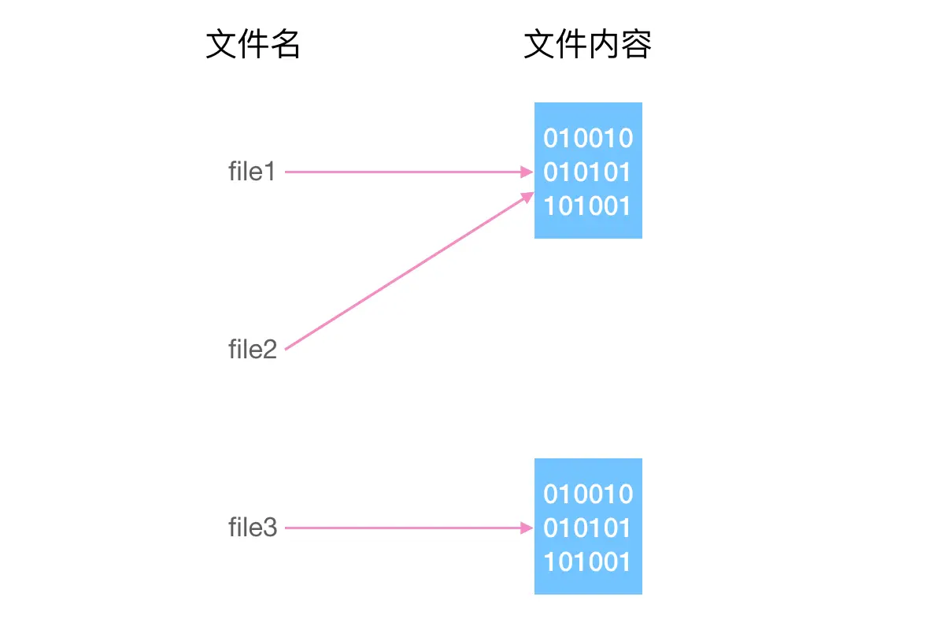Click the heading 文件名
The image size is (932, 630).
[x=253, y=46]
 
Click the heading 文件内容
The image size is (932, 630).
[x=587, y=46]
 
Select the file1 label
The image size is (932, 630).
[x=252, y=172]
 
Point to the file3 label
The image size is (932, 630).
[x=253, y=528]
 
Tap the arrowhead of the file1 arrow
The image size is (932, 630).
[x=528, y=172]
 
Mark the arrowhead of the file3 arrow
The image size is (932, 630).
[x=528, y=528]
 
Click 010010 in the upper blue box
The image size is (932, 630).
[x=588, y=139]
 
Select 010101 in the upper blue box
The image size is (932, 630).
[x=588, y=172]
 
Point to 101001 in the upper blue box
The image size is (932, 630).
[x=588, y=206]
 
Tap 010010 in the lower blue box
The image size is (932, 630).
[x=588, y=495]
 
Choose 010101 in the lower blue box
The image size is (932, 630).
[x=588, y=528]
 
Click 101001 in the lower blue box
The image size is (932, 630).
[x=588, y=562]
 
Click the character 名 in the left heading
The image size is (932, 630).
[x=285, y=46]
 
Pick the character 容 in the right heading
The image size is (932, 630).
[x=636, y=46]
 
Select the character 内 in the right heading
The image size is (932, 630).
[x=604, y=46]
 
